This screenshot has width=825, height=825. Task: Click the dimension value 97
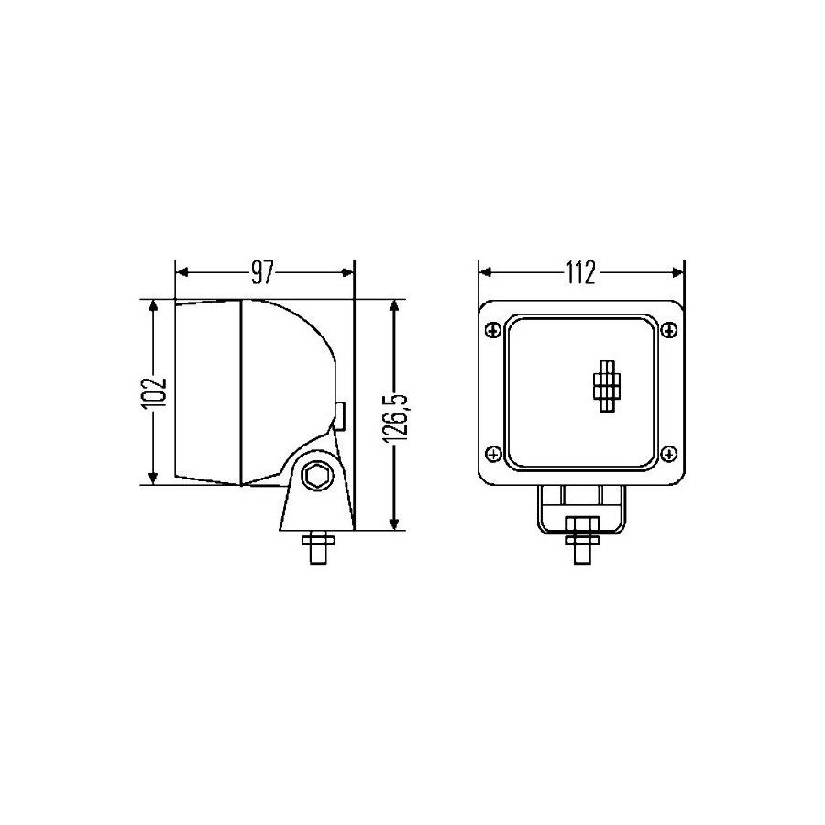coord(263,272)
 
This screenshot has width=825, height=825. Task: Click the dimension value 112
coord(581,272)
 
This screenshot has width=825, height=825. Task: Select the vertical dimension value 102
coord(154,392)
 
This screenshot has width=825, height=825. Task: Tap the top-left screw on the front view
coord(493,330)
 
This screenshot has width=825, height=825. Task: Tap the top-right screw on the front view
coord(669,330)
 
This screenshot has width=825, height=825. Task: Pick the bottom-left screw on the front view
coord(493,454)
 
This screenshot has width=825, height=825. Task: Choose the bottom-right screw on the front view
coord(669,454)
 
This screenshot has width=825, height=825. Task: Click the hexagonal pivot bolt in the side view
coord(317,476)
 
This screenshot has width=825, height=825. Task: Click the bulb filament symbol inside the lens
coord(607,385)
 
